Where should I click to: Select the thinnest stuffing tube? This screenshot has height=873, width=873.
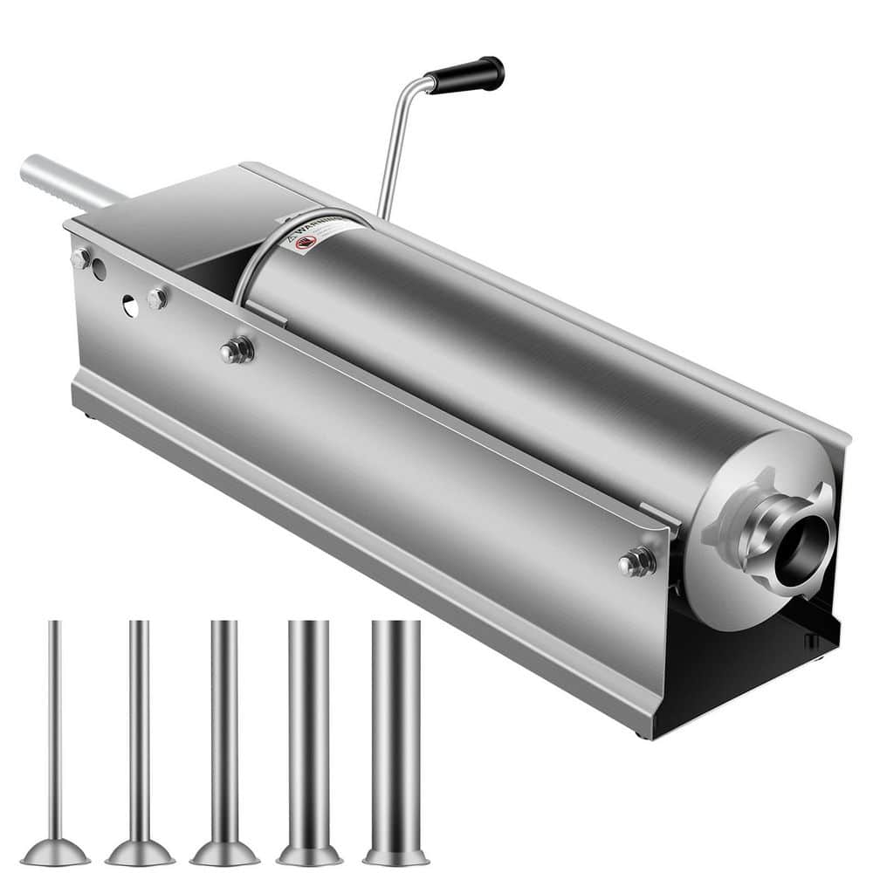tap(55, 733)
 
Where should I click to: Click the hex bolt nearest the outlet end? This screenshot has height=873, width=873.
tap(637, 561)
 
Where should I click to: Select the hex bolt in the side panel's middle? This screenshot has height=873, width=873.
tap(237, 350)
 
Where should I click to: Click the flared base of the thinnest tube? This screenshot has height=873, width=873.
tap(55, 852)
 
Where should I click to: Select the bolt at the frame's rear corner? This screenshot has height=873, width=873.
tap(81, 258)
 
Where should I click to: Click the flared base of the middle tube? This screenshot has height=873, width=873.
tap(224, 852)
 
